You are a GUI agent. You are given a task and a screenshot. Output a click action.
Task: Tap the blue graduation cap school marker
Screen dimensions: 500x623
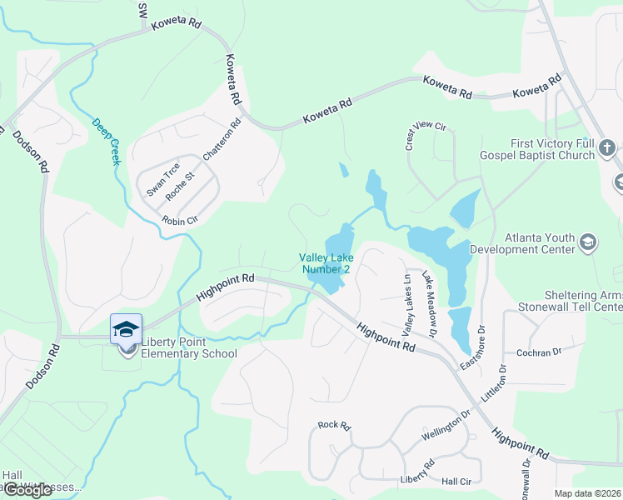click(x=126, y=328)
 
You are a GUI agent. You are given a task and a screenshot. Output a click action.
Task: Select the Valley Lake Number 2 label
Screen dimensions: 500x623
click(x=325, y=263)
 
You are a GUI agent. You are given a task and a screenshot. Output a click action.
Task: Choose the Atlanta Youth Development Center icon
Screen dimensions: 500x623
click(x=588, y=242)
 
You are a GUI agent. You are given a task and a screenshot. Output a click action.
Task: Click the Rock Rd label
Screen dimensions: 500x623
click(x=334, y=425)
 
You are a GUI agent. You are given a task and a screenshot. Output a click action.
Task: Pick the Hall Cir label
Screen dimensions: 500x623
click(x=456, y=482)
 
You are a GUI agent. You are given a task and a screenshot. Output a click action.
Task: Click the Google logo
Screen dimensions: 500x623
click(x=27, y=490)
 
